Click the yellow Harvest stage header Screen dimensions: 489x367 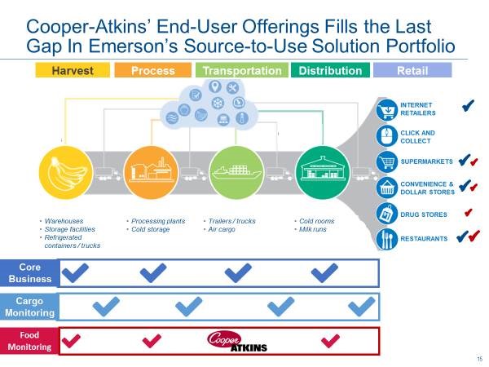(73, 70)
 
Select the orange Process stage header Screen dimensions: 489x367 (153, 70)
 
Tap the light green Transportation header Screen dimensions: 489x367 (242, 70)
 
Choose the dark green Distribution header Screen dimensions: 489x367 (330, 70)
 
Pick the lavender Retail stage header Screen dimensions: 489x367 (412, 70)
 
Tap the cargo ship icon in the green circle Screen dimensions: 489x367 (236, 171)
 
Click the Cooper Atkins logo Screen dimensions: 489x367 (237, 342)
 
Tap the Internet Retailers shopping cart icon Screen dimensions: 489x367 (386, 109)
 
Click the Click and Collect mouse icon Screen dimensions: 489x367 (386, 136)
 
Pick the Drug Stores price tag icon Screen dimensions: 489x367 (386, 214)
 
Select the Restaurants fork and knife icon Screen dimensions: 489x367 (386, 239)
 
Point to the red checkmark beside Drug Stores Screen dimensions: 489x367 (468, 213)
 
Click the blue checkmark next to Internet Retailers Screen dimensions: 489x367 (468, 105)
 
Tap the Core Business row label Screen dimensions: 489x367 (30, 273)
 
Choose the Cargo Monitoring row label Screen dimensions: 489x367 (29, 307)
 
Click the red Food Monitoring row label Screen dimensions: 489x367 (29, 341)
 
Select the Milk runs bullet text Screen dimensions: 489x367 (312, 229)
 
